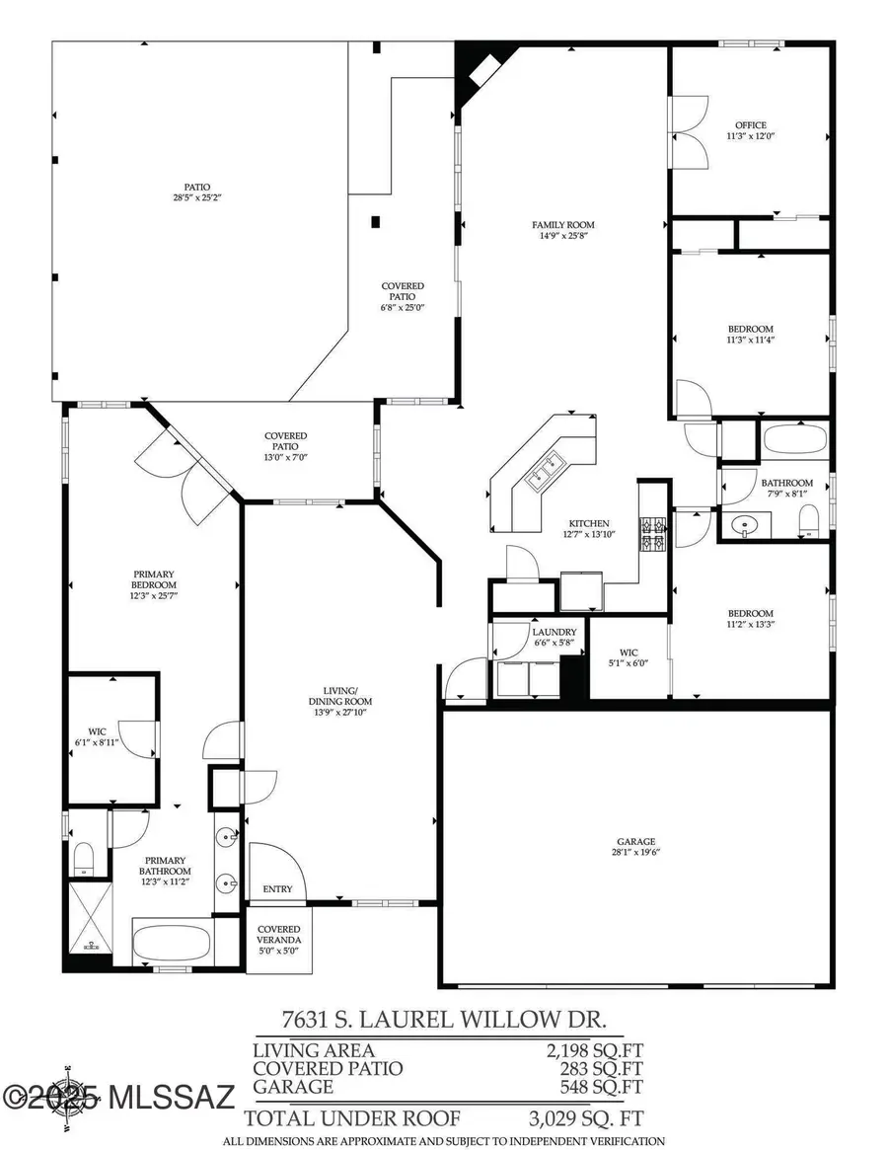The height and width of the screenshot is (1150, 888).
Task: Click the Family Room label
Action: point(563,225)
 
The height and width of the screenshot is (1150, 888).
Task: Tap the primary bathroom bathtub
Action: point(173,943)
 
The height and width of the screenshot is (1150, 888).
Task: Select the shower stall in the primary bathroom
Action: point(88,917)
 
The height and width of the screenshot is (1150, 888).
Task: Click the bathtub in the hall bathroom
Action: point(795,439)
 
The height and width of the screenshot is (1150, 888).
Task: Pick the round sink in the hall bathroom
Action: point(741,523)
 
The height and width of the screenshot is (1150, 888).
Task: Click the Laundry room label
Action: point(554,632)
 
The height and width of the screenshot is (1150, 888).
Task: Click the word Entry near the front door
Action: point(277,889)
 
